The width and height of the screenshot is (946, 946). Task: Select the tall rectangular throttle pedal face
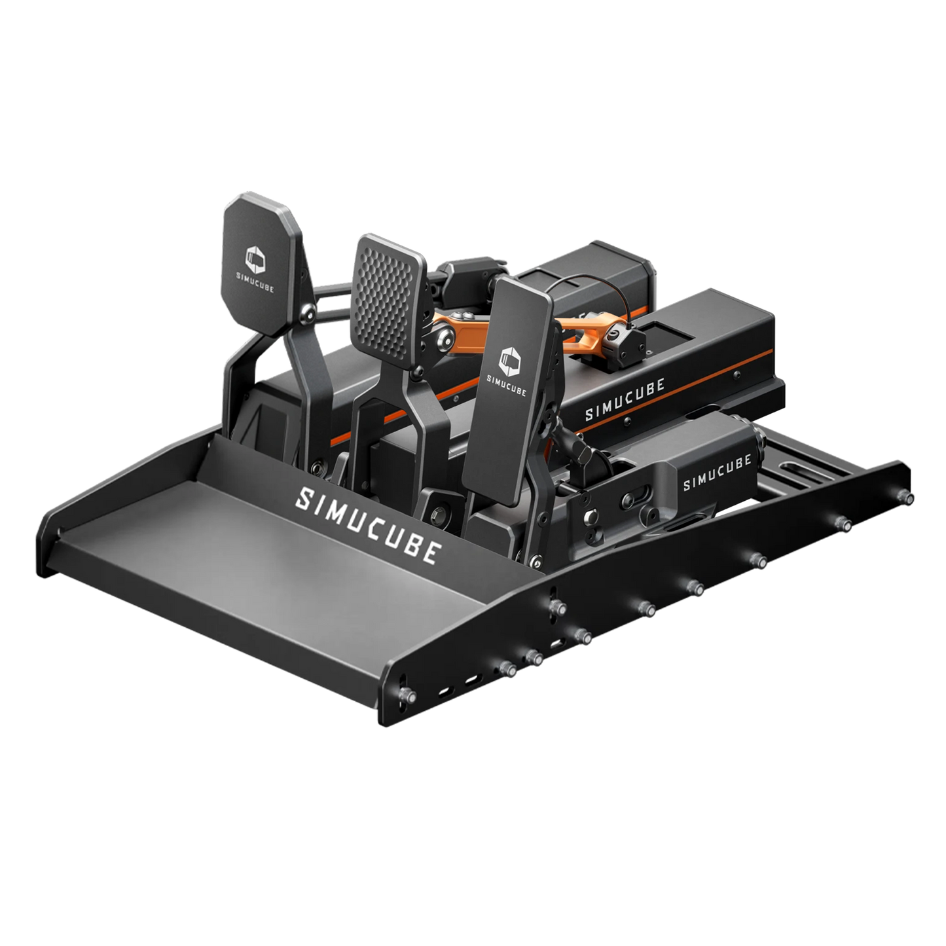(x=507, y=390)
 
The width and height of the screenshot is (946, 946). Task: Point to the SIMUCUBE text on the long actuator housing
(x=625, y=399)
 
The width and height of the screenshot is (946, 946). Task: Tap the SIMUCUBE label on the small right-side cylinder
(x=717, y=472)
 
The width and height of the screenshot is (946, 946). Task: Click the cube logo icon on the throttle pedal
(x=509, y=361)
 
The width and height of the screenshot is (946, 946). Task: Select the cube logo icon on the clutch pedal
(x=255, y=260)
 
